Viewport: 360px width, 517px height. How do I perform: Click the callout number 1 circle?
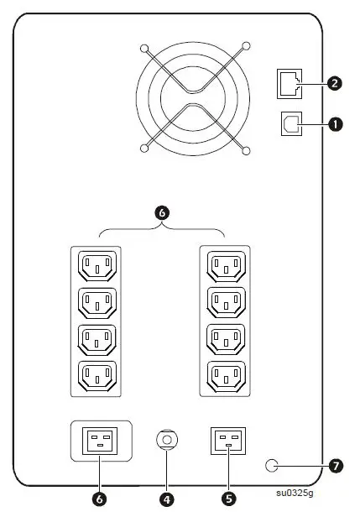337,124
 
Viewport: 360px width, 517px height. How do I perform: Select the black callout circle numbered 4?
166,499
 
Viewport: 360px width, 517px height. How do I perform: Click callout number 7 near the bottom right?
337,464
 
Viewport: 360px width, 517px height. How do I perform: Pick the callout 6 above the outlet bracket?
163,213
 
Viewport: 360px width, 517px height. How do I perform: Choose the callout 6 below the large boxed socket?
100,499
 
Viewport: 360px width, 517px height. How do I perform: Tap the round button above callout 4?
166,439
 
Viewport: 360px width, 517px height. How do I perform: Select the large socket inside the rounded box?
99,441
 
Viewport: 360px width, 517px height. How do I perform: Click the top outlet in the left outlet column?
98,266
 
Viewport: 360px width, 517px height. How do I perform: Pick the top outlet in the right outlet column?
225,266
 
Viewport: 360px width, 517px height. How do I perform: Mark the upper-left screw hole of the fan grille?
145,49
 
